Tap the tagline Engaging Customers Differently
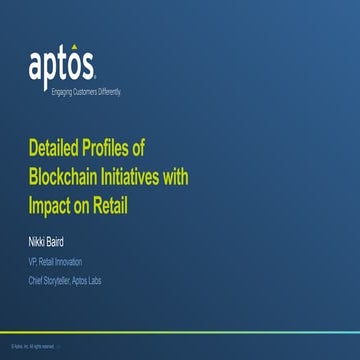point(61,91)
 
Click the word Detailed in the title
point(57,149)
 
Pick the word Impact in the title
point(51,205)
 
